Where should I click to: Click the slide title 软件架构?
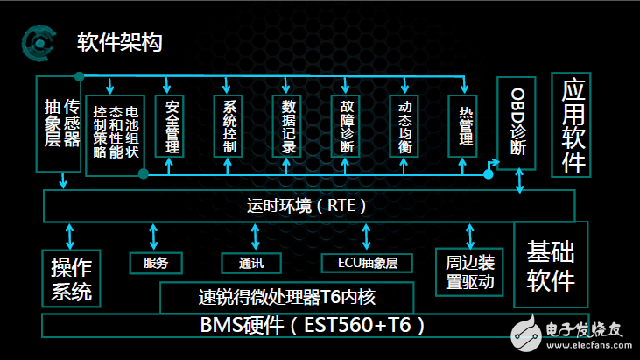(119, 42)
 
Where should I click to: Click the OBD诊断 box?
(518, 123)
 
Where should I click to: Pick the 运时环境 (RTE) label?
(307, 206)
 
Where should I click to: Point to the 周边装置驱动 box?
(471, 272)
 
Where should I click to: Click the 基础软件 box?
(551, 267)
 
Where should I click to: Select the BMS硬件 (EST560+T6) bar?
(313, 325)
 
